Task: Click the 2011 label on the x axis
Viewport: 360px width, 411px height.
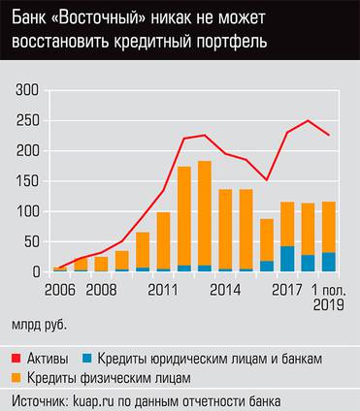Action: (x=161, y=288)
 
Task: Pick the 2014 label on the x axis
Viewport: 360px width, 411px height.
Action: (x=225, y=288)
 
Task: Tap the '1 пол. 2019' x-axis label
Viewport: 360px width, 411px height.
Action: (x=329, y=296)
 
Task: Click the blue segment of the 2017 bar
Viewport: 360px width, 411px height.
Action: (x=288, y=259)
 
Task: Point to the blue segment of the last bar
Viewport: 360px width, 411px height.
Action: (x=329, y=262)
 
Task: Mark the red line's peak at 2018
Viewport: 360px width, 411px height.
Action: (x=309, y=121)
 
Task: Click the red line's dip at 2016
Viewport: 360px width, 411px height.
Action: (x=267, y=179)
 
